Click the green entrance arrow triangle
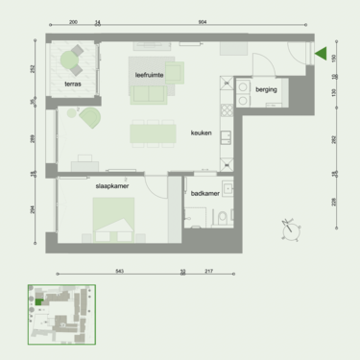point(322,55)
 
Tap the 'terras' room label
point(74,84)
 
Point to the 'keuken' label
point(201,133)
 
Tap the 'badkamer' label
point(205,193)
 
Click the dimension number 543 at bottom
point(119,271)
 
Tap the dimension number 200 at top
point(73,21)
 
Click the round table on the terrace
point(69,63)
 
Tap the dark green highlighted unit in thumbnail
point(38,301)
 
